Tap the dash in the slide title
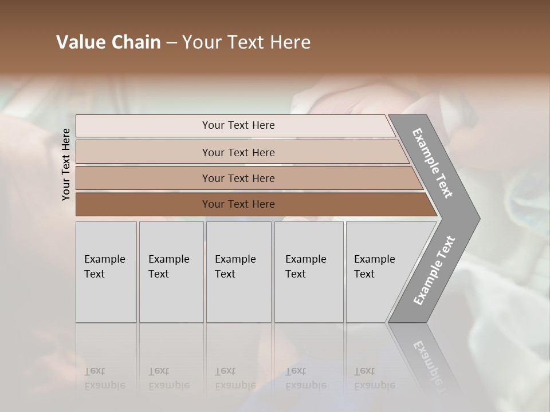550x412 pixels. (x=171, y=43)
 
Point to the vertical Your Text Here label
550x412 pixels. (x=66, y=164)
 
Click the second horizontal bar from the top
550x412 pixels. (x=238, y=152)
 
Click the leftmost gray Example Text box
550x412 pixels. (x=106, y=272)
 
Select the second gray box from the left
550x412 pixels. (x=171, y=272)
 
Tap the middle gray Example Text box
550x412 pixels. (x=238, y=272)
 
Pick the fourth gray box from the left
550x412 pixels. (x=309, y=272)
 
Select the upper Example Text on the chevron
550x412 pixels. (x=433, y=163)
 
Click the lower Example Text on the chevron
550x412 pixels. (x=434, y=270)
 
